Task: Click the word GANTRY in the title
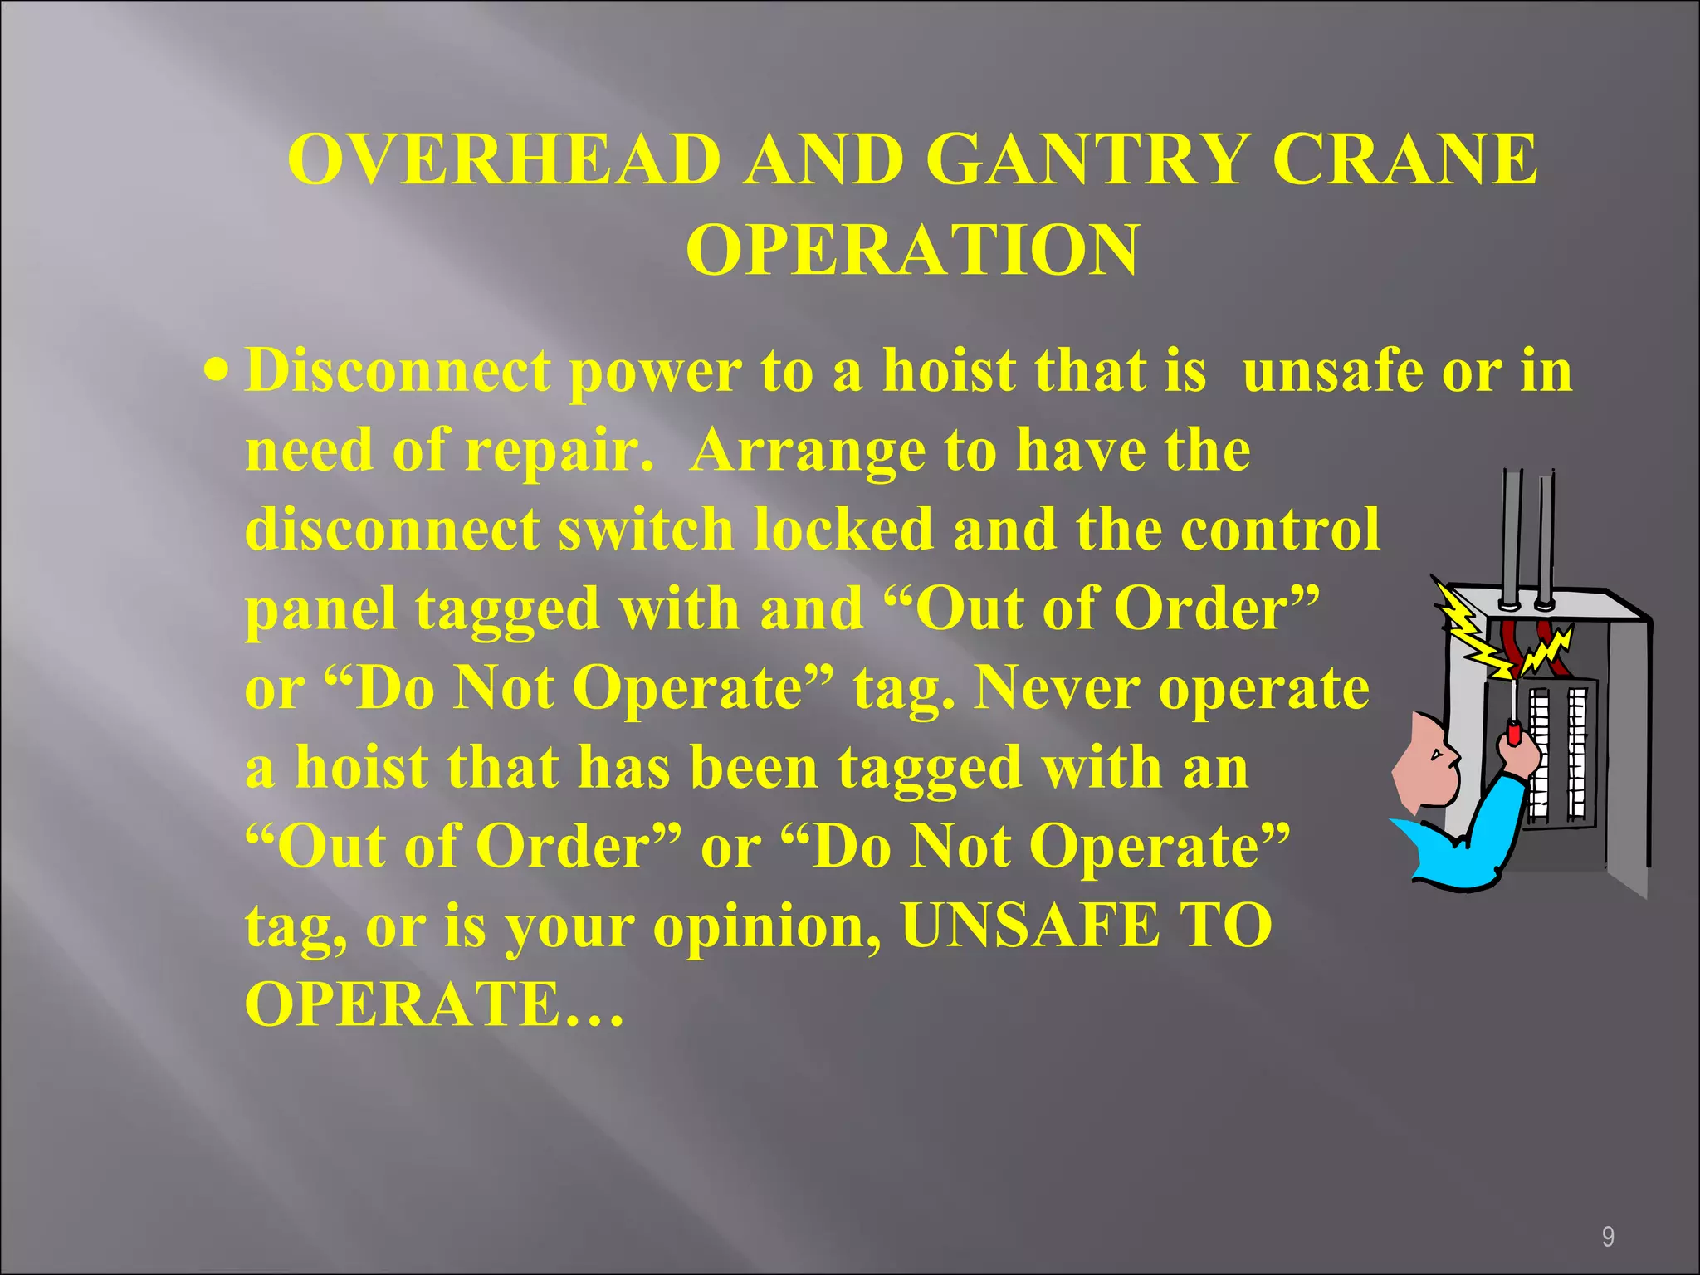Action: (x=1086, y=159)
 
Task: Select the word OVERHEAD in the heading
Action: (x=504, y=159)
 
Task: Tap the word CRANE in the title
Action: (x=1404, y=159)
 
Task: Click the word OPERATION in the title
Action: (x=911, y=251)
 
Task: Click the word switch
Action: (x=646, y=530)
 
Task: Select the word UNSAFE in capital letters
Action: (x=1030, y=926)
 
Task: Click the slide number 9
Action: (x=1608, y=1238)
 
